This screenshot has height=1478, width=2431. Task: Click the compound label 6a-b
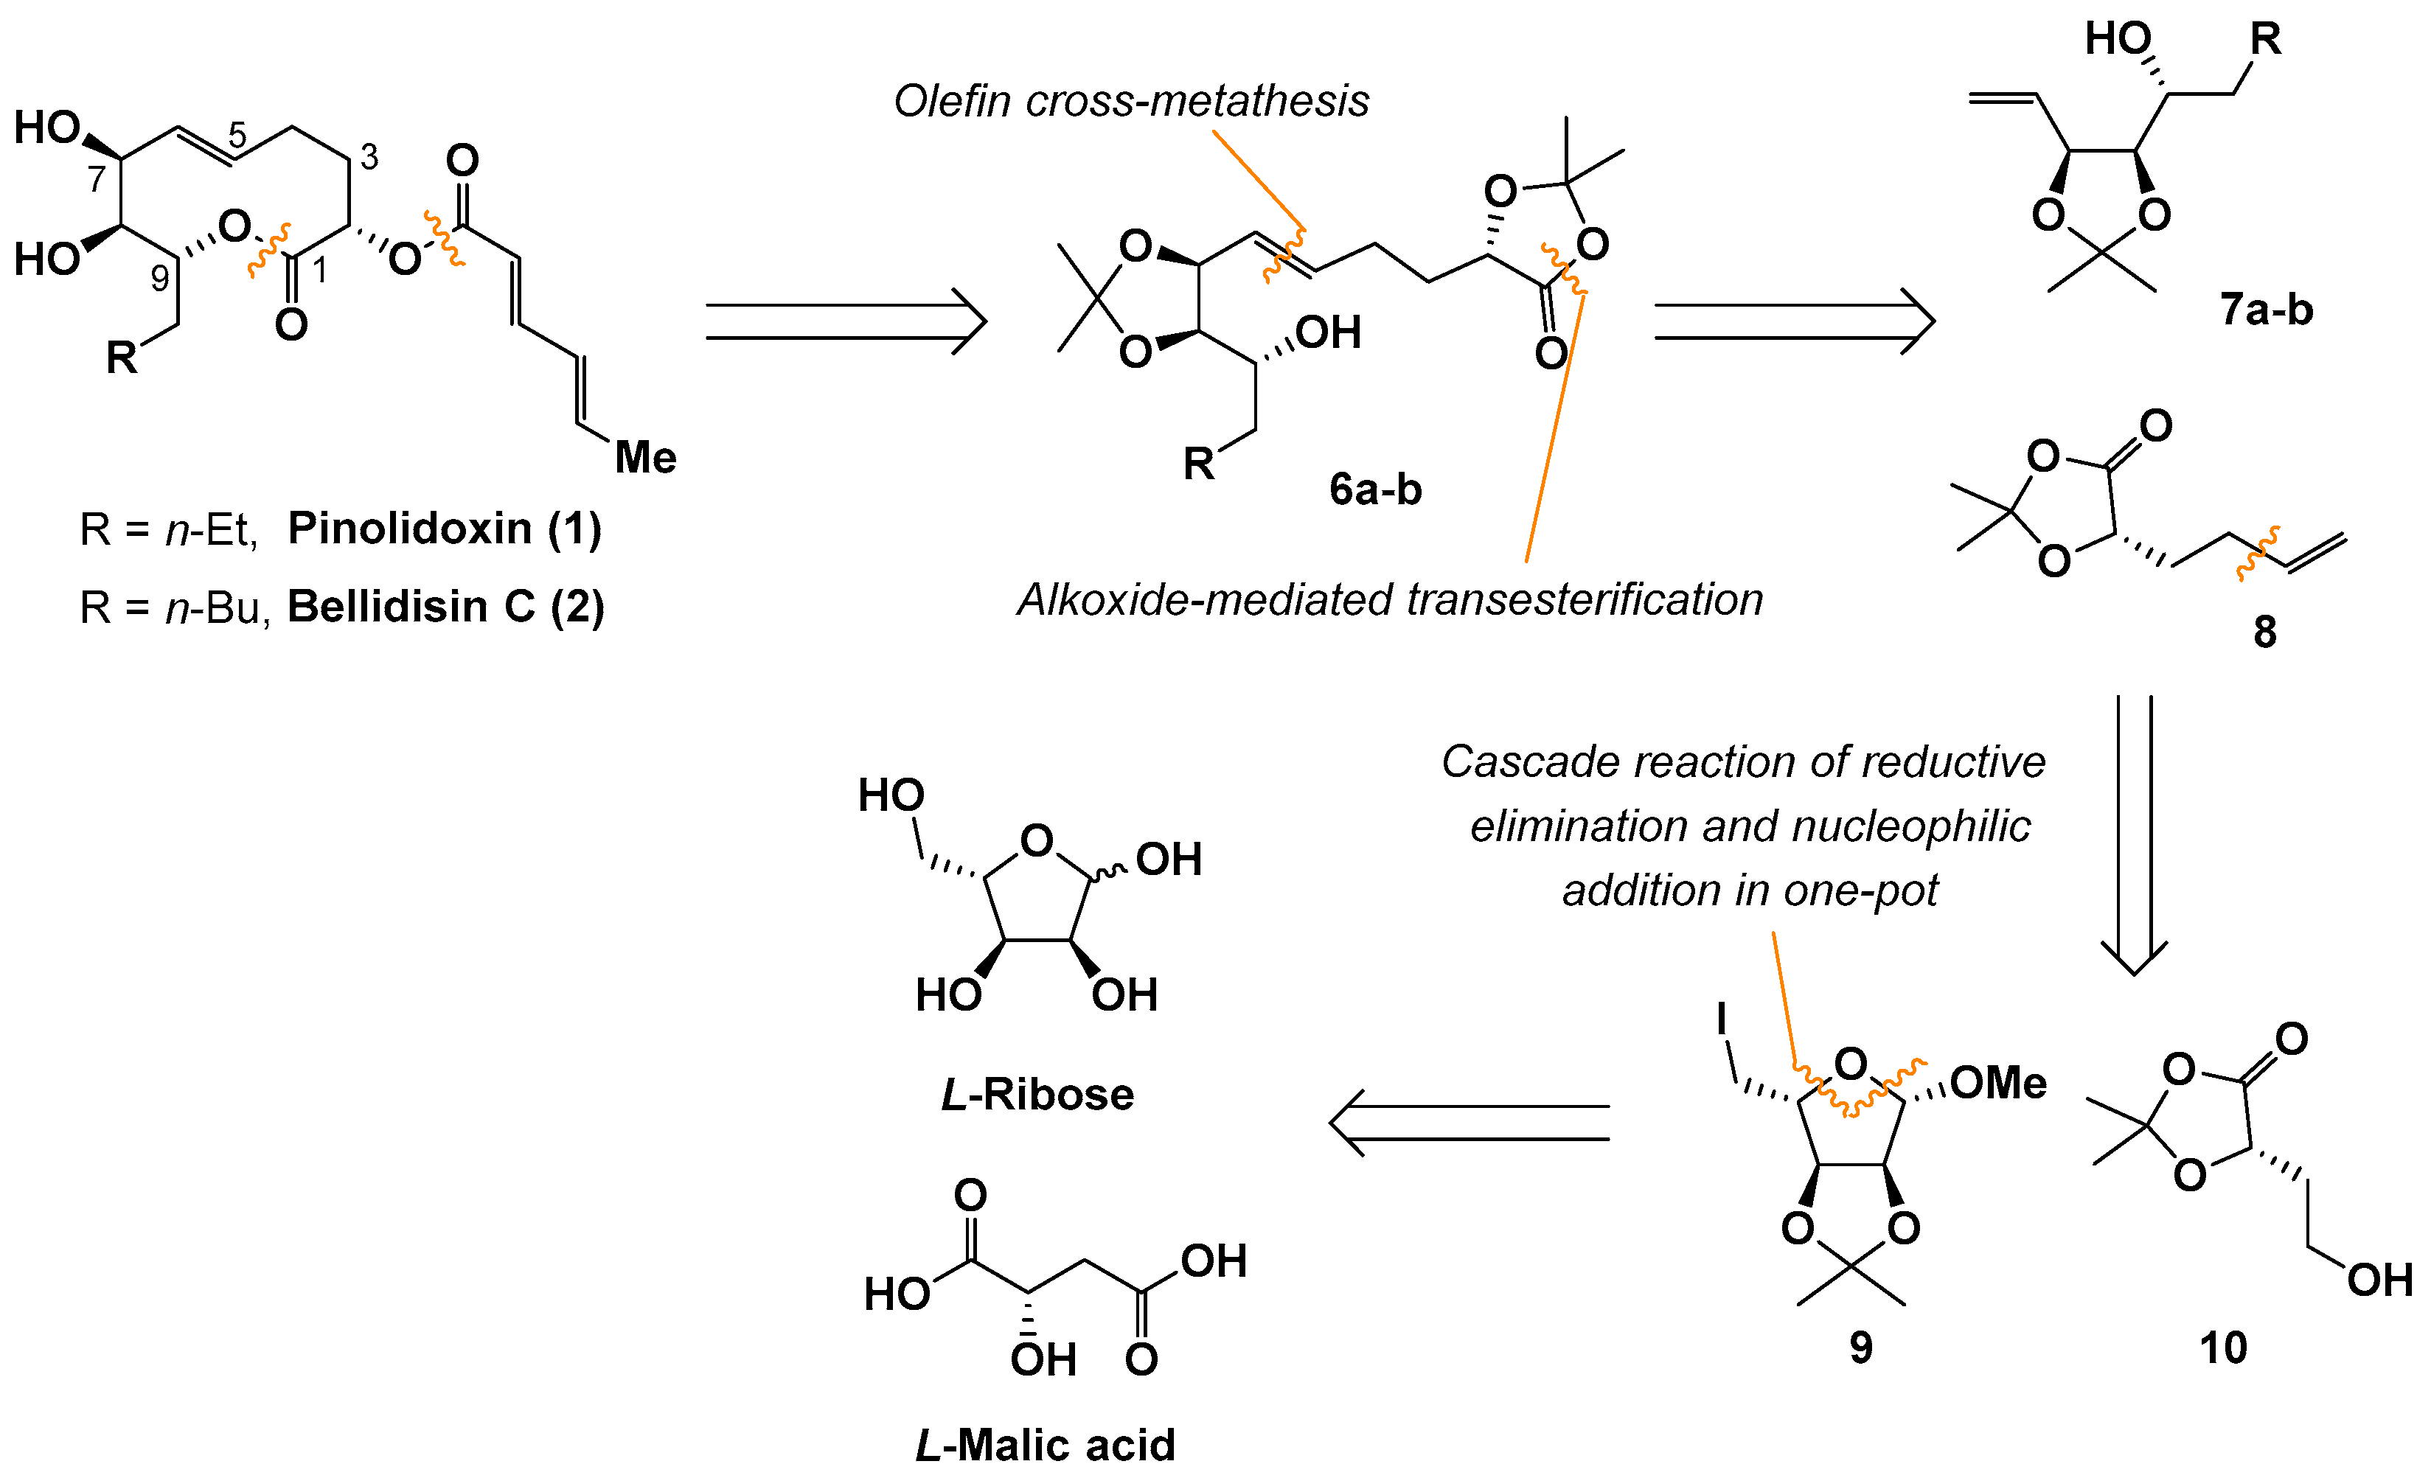click(1374, 489)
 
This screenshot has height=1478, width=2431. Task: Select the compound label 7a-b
click(2267, 310)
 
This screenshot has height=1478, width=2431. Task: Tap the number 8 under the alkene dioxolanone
click(2264, 632)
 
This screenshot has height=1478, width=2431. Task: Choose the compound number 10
click(2223, 1348)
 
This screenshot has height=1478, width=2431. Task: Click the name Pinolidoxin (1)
click(444, 529)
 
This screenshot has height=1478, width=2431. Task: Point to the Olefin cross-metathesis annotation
click(1132, 101)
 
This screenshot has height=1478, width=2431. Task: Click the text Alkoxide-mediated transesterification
click(1390, 599)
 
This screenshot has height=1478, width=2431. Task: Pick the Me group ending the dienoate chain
click(645, 458)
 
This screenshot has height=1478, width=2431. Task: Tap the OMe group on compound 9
click(1998, 1084)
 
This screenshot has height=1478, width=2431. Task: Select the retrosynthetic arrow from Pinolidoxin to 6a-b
click(846, 321)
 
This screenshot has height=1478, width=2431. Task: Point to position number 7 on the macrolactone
click(96, 178)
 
